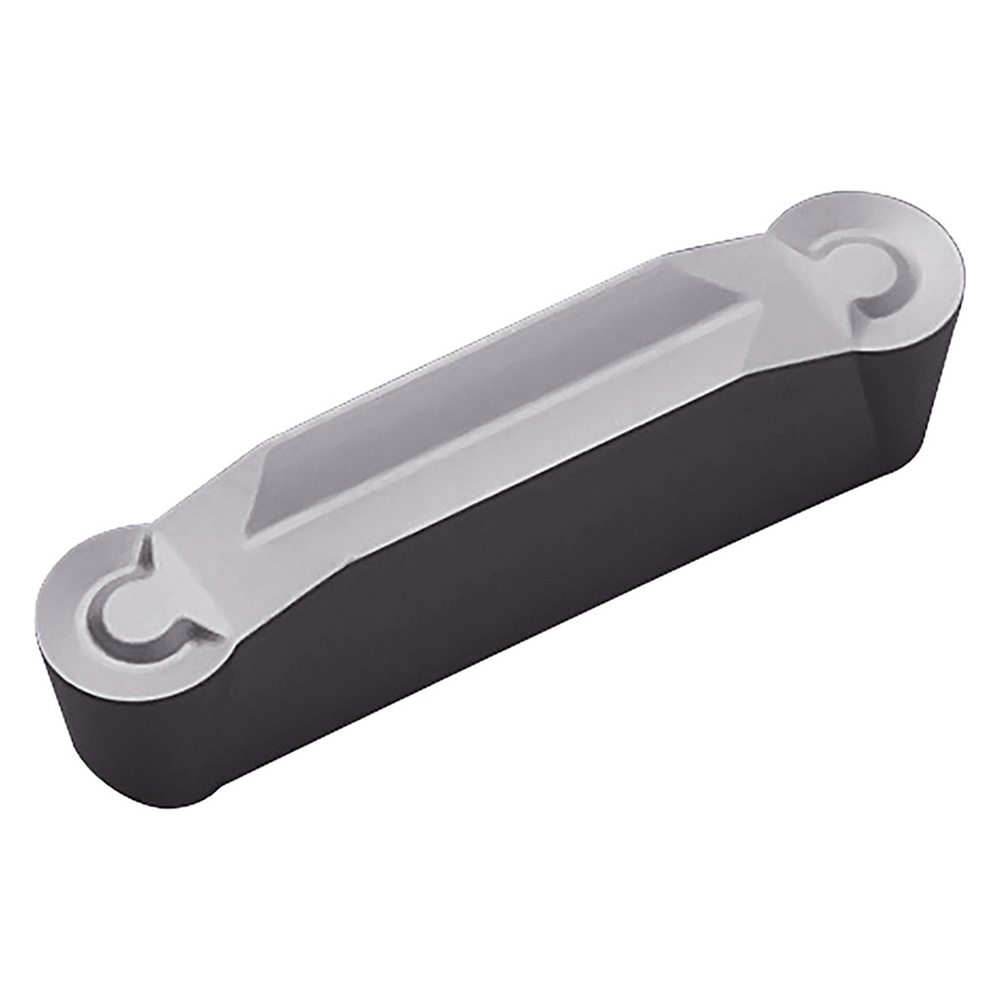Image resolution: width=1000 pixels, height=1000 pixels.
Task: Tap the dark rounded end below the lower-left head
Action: pos(117,734)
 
